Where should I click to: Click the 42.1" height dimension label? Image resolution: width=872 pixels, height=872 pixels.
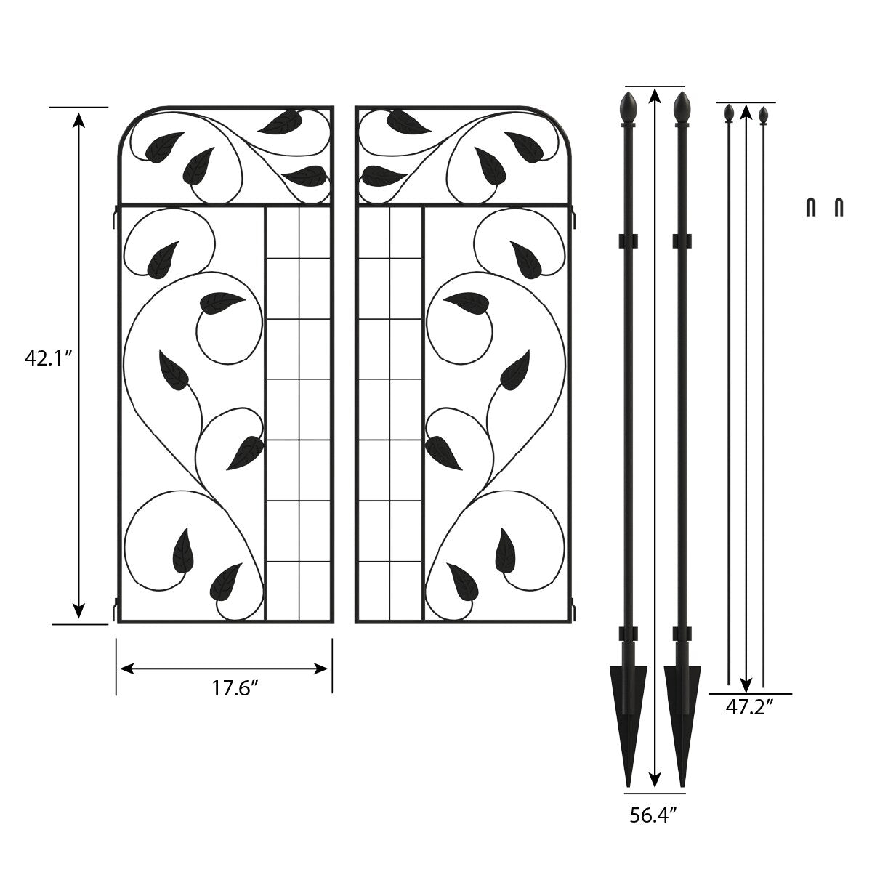tap(48, 358)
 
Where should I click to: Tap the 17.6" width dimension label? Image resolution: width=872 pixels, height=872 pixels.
tap(235, 688)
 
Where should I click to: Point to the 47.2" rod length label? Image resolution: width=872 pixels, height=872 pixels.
tap(749, 706)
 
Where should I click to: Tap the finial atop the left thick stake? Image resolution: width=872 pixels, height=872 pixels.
tap(628, 108)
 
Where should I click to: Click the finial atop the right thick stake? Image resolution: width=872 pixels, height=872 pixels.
tap(682, 108)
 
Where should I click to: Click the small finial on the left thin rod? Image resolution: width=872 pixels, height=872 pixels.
tap(729, 113)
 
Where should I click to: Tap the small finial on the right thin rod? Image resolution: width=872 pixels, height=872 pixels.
tap(764, 115)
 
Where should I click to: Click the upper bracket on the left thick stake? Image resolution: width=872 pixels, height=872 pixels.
tap(628, 241)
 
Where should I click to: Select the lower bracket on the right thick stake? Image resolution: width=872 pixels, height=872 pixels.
tap(682, 634)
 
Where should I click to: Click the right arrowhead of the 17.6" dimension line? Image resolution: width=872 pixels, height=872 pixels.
tap(320, 669)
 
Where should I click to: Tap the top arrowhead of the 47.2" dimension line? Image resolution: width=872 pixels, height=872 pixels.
tap(746, 112)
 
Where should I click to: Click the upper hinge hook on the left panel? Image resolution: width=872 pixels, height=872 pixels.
tap(115, 216)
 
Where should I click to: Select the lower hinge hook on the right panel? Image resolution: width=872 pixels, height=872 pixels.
tap(574, 609)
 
